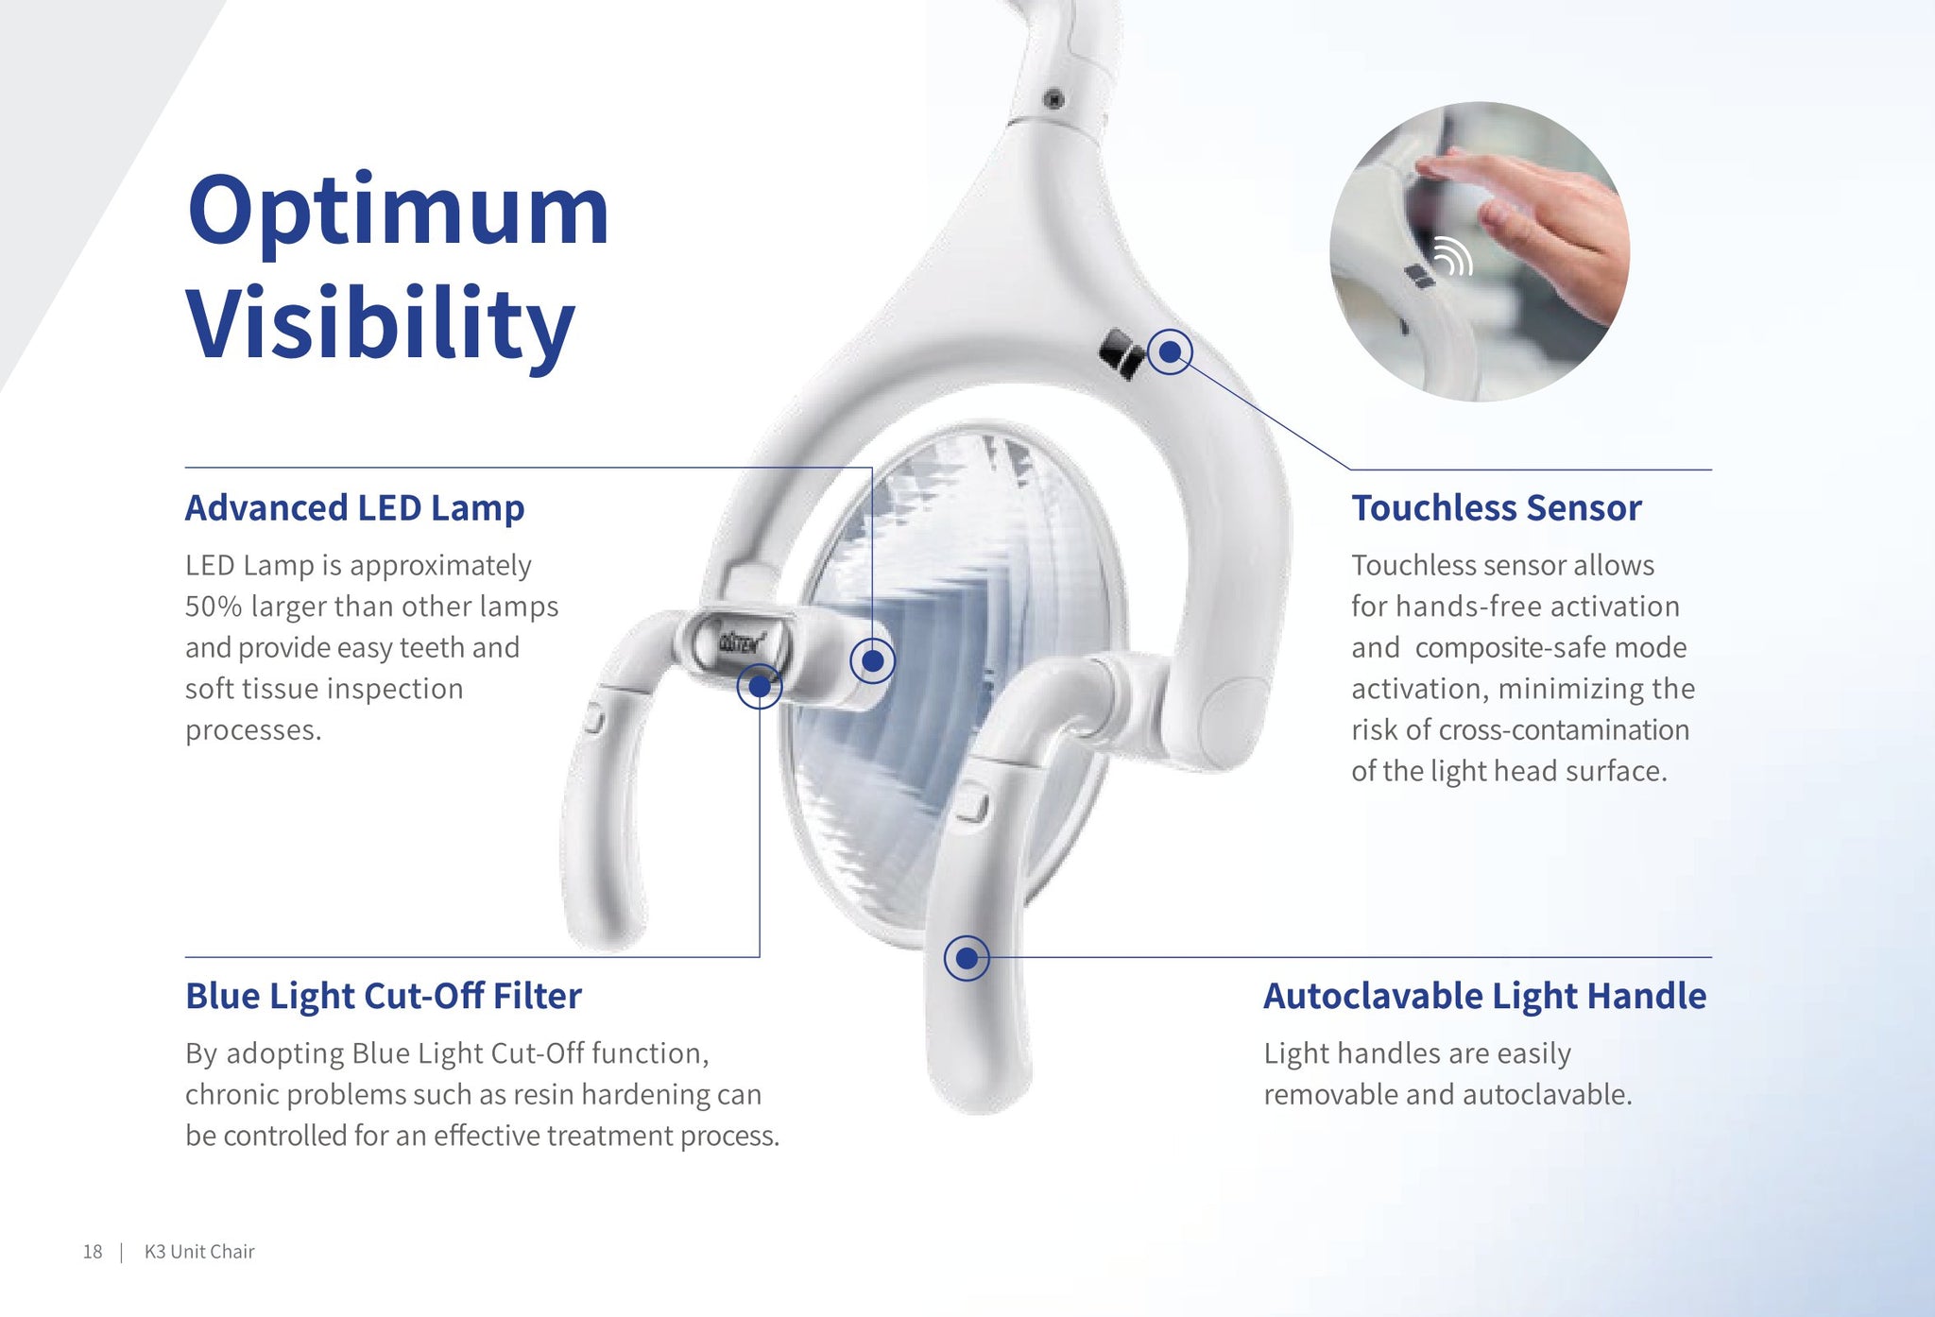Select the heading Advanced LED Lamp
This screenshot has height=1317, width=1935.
click(354, 508)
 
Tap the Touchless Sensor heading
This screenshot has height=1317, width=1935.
click(1497, 508)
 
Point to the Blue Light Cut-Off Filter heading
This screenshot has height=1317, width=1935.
click(384, 996)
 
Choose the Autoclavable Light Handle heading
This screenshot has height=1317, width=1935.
click(1485, 997)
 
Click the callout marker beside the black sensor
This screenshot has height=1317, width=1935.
click(1170, 351)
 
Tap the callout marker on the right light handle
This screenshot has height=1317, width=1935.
click(967, 958)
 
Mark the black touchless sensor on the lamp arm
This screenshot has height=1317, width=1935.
click(1122, 353)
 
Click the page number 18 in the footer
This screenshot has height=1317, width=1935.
click(93, 1252)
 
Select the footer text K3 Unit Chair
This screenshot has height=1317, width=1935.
click(199, 1252)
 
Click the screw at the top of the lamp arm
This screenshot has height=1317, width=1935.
click(1054, 99)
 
